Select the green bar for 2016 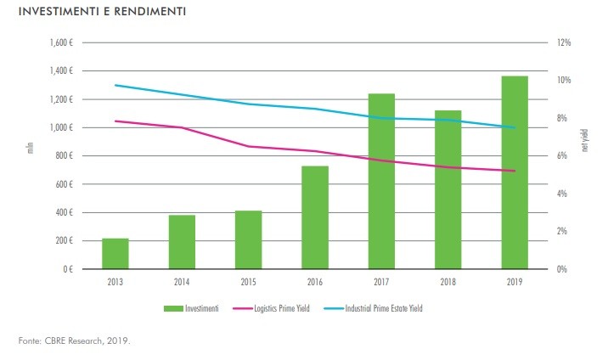point(314,217)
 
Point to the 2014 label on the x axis point(182,281)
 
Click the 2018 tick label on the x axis point(448,281)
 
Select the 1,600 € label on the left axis point(60,42)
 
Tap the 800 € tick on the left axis point(64,156)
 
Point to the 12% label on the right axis point(564,42)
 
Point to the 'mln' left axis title point(30,151)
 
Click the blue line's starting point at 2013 point(115,85)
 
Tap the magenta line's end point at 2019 point(515,171)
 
